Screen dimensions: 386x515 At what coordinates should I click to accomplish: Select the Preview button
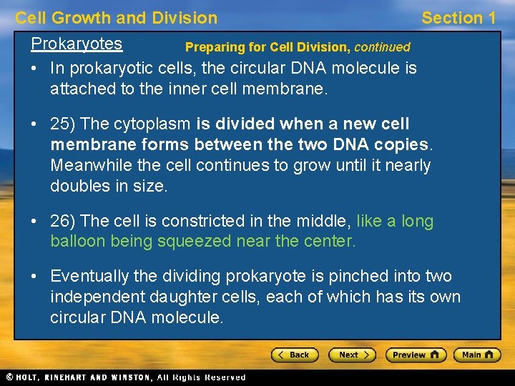click(x=416, y=355)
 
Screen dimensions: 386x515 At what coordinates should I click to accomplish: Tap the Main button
click(x=477, y=355)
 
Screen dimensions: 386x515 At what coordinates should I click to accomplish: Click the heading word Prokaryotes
click(x=77, y=44)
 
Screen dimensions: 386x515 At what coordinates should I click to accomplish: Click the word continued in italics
click(x=382, y=48)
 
